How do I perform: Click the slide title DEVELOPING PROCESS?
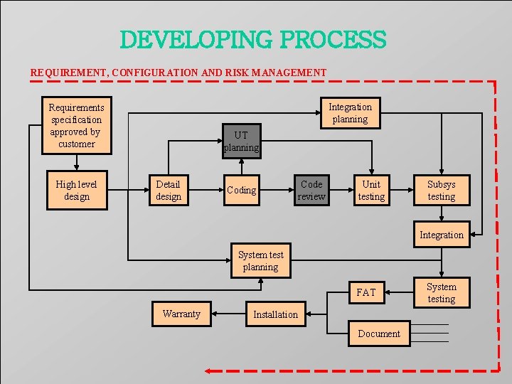tap(252, 40)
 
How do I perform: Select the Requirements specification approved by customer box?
tap(76, 125)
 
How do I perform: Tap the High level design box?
tap(76, 191)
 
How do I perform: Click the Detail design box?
tap(169, 191)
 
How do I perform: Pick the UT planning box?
tap(241, 141)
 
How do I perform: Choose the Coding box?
tap(241, 190)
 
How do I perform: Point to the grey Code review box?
tap(311, 190)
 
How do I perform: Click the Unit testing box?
tap(371, 190)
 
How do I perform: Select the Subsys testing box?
tap(441, 190)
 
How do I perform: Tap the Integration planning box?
tap(350, 113)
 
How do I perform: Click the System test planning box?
tap(260, 261)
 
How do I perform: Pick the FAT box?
tap(366, 292)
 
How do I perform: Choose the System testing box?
tap(441, 293)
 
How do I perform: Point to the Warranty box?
tap(181, 314)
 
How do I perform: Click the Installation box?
tap(276, 314)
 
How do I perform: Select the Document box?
tap(378, 334)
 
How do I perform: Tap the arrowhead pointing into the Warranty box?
tap(215, 314)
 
